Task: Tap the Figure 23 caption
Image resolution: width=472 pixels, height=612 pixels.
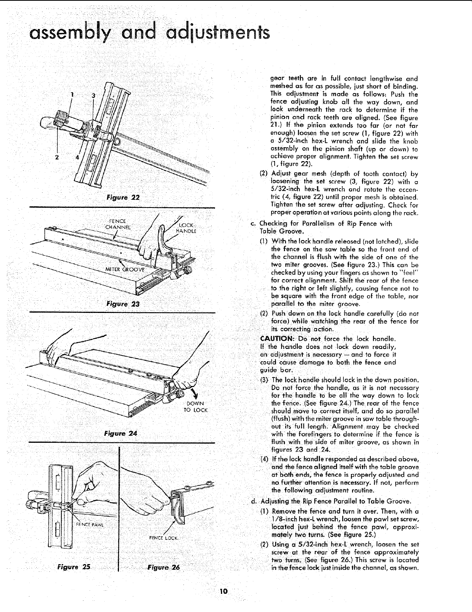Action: (x=123, y=304)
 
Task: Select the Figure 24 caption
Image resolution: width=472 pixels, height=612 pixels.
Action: (x=121, y=433)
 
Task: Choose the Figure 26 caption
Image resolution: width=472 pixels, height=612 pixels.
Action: (x=164, y=567)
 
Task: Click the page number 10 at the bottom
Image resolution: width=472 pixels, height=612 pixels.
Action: (x=223, y=591)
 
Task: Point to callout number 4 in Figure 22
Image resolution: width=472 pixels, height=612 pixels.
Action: (x=77, y=157)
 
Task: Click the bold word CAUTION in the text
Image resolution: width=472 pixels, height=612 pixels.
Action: (x=276, y=339)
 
